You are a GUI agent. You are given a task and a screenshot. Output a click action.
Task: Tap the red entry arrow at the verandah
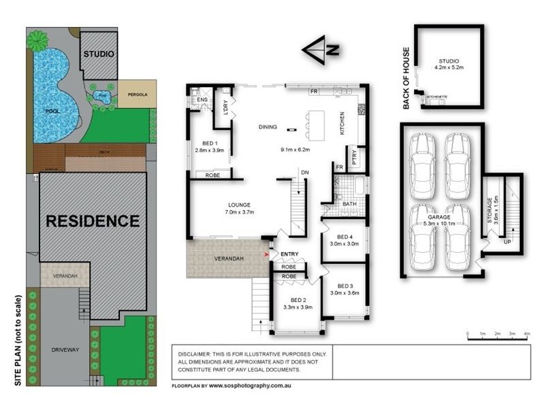pos(266,255)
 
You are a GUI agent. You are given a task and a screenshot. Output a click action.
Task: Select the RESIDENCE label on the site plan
pos(93,221)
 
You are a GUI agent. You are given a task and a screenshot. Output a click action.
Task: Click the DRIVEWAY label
pos(66,350)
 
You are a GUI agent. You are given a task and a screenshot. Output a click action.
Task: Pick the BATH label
pos(349,203)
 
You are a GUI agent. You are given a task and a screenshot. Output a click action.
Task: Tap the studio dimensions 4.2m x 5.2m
pos(448,67)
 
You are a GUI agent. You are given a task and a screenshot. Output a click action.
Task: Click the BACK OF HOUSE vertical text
pos(407,78)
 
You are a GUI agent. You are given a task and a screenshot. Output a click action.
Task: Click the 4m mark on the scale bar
pos(527,334)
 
